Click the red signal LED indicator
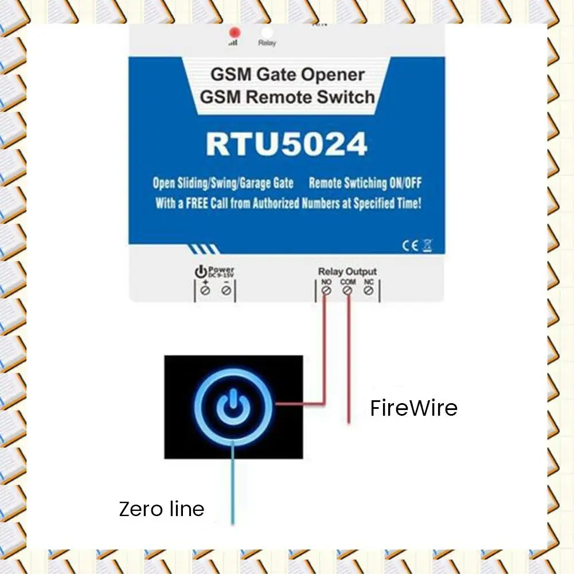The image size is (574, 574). (x=234, y=32)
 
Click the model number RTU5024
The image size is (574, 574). (x=286, y=145)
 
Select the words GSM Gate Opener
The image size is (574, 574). (x=288, y=75)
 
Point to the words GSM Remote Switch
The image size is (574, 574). (x=287, y=96)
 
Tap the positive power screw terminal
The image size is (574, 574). (x=205, y=291)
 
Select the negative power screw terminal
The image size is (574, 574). (x=226, y=291)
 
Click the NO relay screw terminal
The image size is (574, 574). (x=326, y=291)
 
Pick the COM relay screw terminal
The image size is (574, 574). (x=347, y=291)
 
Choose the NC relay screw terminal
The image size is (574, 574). (x=369, y=291)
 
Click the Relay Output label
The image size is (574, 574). (x=347, y=271)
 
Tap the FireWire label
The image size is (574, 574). (x=413, y=408)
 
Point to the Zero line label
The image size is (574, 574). (x=161, y=509)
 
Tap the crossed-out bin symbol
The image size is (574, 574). (x=427, y=245)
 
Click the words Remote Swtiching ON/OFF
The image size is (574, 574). (x=365, y=183)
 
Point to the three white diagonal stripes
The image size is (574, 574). (x=204, y=249)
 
